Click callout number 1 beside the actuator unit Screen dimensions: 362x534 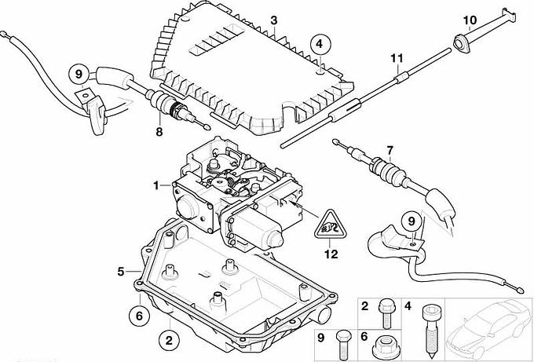click(x=155, y=185)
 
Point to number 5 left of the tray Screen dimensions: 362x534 click(x=121, y=272)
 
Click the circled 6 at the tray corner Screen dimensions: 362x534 click(x=137, y=315)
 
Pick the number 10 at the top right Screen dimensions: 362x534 click(x=470, y=19)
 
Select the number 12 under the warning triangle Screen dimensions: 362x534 click(x=330, y=254)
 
